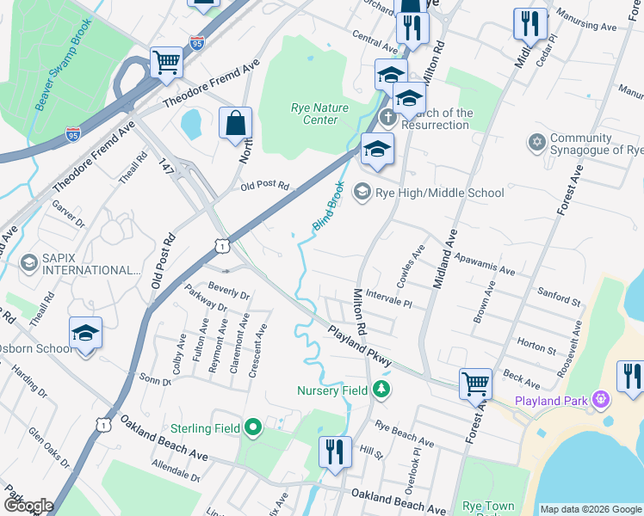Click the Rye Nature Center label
point(314,114)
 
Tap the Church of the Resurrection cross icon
point(387,116)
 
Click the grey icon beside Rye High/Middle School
point(362,192)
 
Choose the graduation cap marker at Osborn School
point(86,333)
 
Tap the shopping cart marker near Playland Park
point(475,383)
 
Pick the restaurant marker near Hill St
point(334,451)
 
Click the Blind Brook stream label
point(327,206)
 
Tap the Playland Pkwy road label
point(360,346)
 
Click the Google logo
point(29,506)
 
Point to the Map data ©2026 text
point(590,509)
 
